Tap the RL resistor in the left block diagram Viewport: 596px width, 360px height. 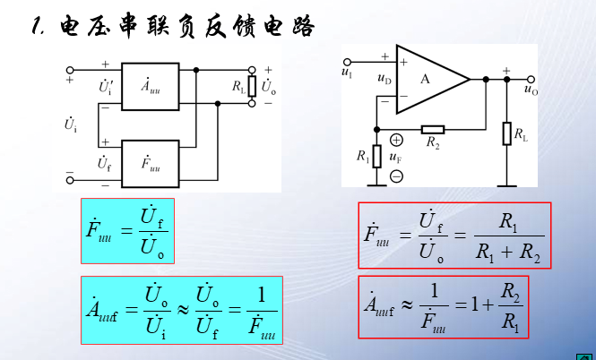[x=254, y=86]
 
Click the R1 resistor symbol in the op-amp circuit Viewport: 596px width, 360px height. [x=377, y=155]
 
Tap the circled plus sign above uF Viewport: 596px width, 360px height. [x=396, y=140]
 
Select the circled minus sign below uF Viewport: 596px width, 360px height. [x=396, y=176]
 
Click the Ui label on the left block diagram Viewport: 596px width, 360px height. [x=70, y=124]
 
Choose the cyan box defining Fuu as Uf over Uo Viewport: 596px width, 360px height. [x=125, y=230]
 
